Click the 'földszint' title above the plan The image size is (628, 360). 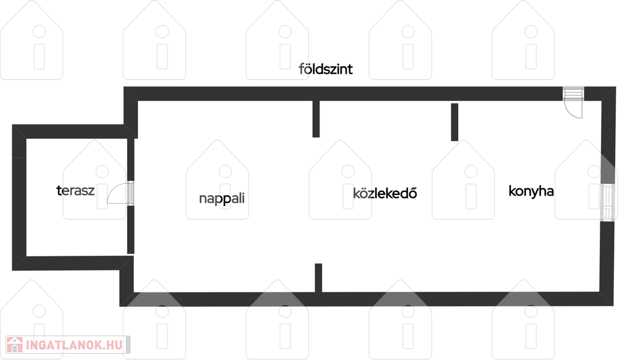[326, 69]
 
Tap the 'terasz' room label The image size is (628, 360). [75, 190]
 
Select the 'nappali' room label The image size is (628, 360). [221, 198]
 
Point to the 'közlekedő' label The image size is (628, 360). [385, 193]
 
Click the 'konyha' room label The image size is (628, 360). [531, 191]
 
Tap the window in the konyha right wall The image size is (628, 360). [607, 202]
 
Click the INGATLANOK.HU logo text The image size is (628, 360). [74, 345]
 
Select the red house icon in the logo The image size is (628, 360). [15, 345]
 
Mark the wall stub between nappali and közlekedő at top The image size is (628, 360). [316, 119]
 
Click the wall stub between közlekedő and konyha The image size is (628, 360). [454, 122]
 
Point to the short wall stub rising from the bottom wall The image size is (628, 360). [318, 278]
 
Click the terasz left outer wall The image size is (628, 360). [19, 197]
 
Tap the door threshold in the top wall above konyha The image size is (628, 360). [573, 94]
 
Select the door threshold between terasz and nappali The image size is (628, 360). [131, 193]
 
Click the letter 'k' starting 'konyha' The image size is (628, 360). [512, 190]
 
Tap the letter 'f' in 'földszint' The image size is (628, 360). [301, 69]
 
